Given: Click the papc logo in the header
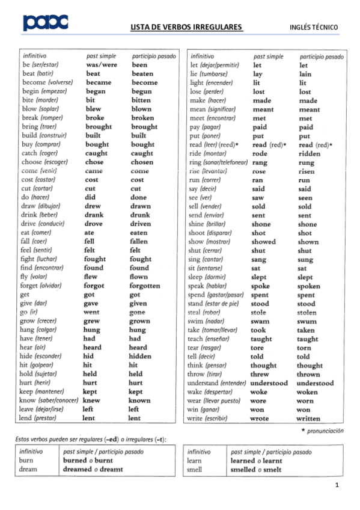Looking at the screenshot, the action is pos(45,23).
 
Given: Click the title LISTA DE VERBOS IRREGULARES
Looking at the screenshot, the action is pos(186,27).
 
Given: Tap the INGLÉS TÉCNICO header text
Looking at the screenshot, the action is pos(313,27).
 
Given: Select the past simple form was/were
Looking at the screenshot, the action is pos(101,65).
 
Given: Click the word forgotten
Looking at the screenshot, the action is pos(145,286).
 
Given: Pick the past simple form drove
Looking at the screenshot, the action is pos(94,224).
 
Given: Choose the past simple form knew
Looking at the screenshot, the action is pos(91,401).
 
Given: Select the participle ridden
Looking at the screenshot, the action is pos(310,154).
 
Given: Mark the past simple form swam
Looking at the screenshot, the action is pos(260,322).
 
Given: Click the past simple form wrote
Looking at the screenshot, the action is pos(260,419).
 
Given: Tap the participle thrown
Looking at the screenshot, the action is pos(308,374).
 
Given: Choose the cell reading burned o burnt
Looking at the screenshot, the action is pos(88,461).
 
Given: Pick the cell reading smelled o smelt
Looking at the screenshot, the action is pos(255,470).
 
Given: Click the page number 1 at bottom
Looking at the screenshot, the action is pos(337,485).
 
